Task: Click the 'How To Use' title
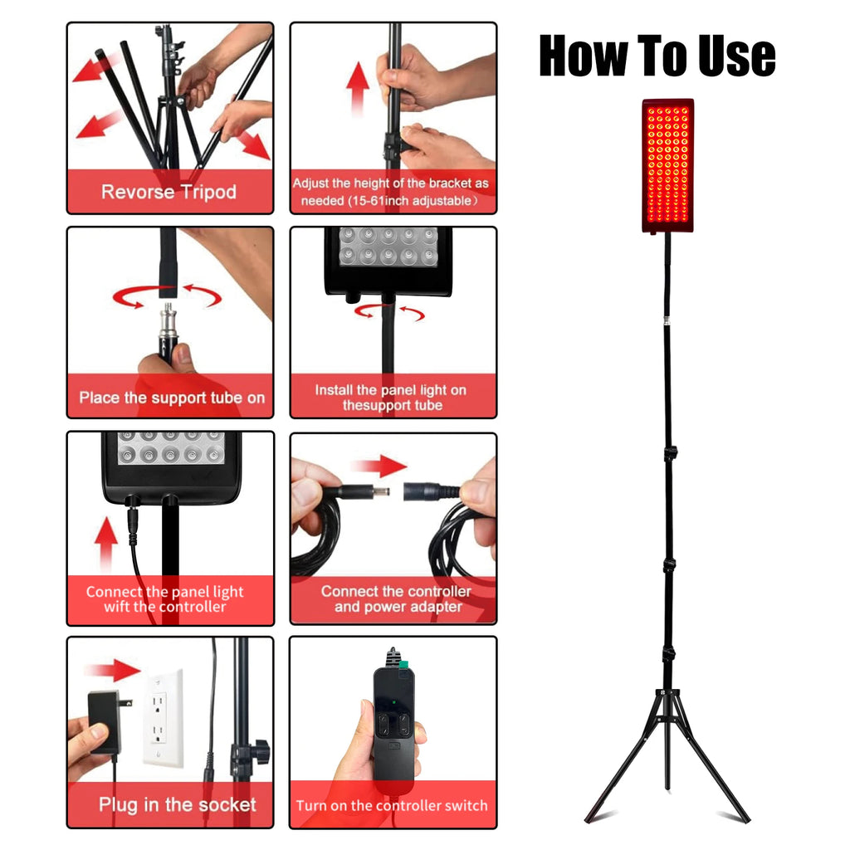[657, 56]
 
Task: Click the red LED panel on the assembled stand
[667, 164]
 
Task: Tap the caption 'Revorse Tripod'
[169, 192]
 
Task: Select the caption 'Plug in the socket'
[177, 804]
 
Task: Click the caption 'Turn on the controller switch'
[392, 805]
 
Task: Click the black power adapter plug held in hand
[105, 721]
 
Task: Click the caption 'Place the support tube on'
[172, 398]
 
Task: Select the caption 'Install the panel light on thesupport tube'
[392, 398]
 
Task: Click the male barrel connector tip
[381, 491]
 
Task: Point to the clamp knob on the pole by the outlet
[258, 752]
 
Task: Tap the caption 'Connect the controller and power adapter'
[395, 598]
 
